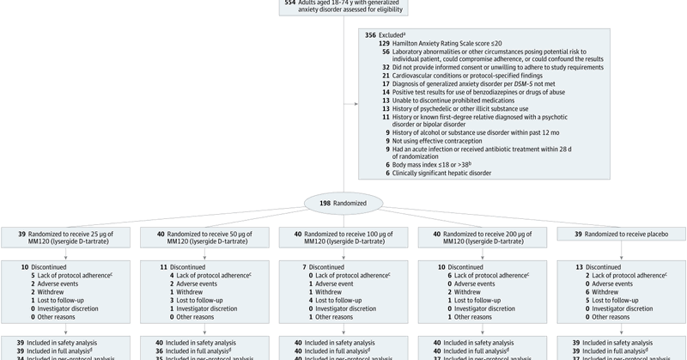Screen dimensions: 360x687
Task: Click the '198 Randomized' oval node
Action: (x=343, y=204)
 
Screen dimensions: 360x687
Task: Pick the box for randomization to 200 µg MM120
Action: (x=480, y=238)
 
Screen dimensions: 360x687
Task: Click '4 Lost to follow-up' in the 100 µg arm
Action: (x=331, y=300)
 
